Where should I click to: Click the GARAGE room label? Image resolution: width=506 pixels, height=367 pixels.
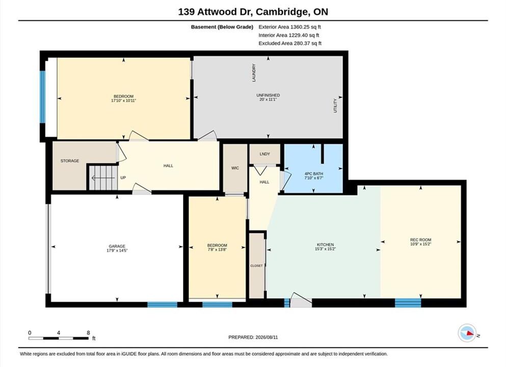point(117,246)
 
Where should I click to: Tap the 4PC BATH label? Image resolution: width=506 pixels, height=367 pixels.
point(314,174)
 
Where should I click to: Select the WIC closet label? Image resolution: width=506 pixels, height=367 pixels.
point(235,168)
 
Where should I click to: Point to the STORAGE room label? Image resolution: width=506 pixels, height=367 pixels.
point(70,161)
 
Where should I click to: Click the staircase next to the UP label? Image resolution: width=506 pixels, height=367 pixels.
point(102,177)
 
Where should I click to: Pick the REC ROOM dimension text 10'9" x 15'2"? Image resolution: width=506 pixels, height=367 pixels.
point(420,244)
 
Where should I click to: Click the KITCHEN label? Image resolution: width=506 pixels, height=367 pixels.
point(325,245)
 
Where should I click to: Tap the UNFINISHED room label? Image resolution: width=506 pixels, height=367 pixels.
point(268,95)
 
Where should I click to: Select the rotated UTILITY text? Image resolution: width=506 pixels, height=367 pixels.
point(335,106)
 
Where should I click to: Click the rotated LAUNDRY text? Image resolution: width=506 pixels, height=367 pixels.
point(254,72)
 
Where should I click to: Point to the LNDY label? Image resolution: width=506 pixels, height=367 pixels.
point(264,154)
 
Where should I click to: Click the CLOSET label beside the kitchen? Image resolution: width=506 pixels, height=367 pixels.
point(256,266)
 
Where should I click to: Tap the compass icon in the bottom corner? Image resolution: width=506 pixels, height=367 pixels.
point(467,333)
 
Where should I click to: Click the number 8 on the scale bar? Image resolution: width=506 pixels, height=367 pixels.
point(88,333)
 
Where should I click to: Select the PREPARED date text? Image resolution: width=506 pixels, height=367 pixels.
point(253,337)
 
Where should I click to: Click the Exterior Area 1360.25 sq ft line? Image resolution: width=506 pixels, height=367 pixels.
point(289,27)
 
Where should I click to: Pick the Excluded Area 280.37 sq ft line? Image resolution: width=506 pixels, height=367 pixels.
point(290,43)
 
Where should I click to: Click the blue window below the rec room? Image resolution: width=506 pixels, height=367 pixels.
point(408,303)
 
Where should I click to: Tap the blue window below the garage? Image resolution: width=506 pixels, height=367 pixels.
point(163,304)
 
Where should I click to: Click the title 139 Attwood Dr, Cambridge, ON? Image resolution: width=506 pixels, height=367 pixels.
point(253,12)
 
